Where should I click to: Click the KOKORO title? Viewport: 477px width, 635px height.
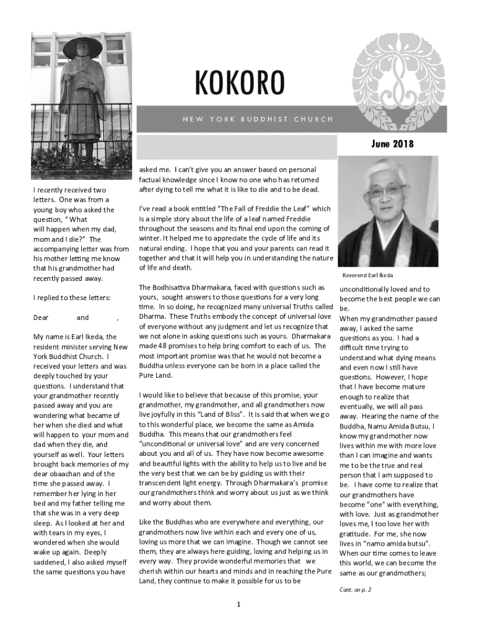click(x=240, y=85)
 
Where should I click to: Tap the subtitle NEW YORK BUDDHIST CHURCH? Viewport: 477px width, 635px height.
click(x=258, y=119)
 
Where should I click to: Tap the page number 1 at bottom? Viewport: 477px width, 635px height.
click(x=239, y=605)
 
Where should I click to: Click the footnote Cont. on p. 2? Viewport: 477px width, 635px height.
click(x=355, y=590)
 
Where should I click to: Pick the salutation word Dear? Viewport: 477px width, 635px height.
click(x=41, y=317)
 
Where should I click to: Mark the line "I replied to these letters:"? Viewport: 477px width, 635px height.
click(x=72, y=298)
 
